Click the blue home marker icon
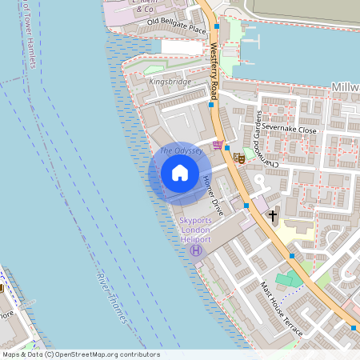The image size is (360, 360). (180, 173)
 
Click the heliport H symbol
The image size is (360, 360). (195, 251)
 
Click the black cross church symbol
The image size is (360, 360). (273, 216)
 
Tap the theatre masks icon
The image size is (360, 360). (238, 157)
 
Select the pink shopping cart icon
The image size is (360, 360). (218, 145)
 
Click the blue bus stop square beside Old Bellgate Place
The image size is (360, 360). (217, 26)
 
